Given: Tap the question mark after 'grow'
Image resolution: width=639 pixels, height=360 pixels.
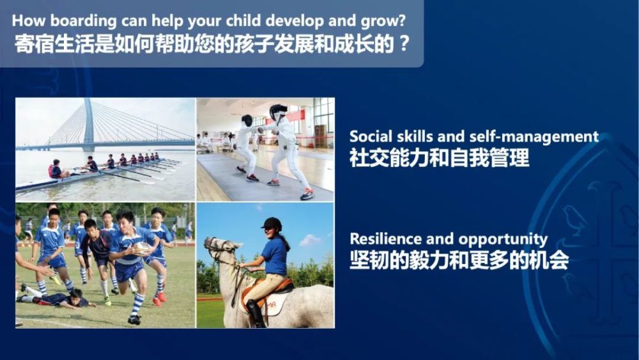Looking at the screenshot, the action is pyautogui.click(x=401, y=20).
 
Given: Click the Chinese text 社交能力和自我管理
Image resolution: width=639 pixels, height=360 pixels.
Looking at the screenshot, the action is pyautogui.click(x=440, y=158).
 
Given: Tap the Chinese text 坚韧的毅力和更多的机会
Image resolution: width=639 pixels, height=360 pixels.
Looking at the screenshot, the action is pyautogui.click(x=459, y=260).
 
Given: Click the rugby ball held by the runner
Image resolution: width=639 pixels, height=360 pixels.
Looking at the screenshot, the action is pyautogui.click(x=142, y=247).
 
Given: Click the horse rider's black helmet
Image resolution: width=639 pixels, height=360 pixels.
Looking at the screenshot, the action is pyautogui.click(x=272, y=223).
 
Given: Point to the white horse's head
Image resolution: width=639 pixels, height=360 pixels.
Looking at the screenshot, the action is pyautogui.click(x=218, y=249).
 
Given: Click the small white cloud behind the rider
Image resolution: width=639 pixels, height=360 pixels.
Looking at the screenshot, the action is pyautogui.click(x=310, y=240).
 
